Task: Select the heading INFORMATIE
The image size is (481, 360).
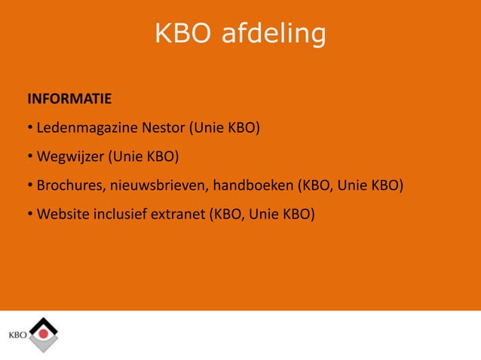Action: [69, 99]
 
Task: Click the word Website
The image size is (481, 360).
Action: [63, 215]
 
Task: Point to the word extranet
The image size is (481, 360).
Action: [179, 215]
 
